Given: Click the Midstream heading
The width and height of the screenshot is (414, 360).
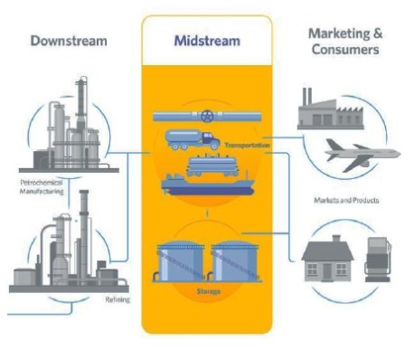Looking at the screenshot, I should pos(206,42).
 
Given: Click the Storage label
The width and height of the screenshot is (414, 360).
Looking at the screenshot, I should pos(207,291).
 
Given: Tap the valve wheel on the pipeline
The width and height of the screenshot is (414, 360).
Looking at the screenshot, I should pos(207,116).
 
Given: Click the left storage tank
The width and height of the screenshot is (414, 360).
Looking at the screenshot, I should pos(179,261).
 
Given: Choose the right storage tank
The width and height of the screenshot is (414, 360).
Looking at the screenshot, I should pos(234,261).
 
